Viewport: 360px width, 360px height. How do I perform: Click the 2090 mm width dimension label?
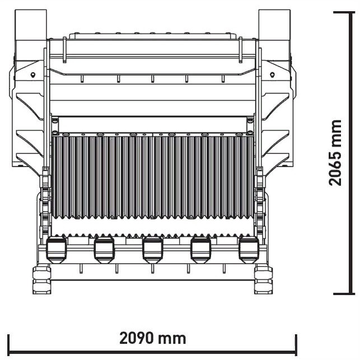[x=153, y=338]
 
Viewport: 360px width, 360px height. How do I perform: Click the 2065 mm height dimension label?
[x=335, y=153]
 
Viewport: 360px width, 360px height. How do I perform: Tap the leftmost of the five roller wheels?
[x=57, y=250]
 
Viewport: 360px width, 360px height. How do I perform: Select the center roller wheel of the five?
[x=152, y=250]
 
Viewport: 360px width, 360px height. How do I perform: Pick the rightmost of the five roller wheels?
[x=249, y=250]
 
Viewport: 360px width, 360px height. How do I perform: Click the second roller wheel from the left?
[x=104, y=250]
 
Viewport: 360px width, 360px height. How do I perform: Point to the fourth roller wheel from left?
[x=201, y=250]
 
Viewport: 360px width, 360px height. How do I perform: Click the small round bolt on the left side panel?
[x=33, y=74]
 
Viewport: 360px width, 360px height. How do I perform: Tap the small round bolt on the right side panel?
[x=272, y=74]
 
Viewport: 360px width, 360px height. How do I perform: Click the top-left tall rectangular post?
[x=31, y=25]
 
